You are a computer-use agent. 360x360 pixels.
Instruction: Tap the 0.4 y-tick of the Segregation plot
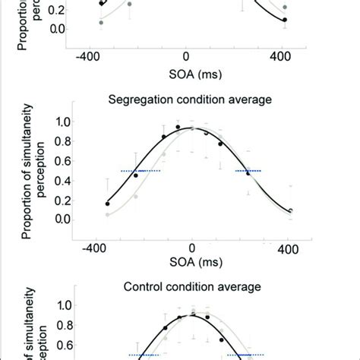pos(58,181)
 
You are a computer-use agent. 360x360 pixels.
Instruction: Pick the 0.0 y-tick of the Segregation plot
pos(58,219)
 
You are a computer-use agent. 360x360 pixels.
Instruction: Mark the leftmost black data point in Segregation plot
pos(108,204)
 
